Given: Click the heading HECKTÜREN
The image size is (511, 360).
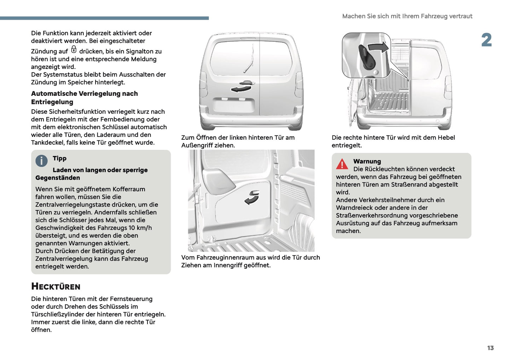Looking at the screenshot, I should [56, 286].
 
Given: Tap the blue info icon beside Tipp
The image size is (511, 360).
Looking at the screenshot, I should [41, 161].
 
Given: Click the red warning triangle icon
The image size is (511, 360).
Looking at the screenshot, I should [342, 164].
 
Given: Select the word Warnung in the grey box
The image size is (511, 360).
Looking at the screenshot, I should [367, 161].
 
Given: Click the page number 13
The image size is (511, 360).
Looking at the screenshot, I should [490, 348].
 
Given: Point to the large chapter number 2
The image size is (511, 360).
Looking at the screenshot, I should [486, 40].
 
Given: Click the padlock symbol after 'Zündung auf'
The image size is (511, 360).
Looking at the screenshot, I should [74, 50].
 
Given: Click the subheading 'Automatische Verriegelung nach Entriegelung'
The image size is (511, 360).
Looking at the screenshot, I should [84, 98].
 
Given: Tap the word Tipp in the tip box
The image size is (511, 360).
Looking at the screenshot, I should [59, 158].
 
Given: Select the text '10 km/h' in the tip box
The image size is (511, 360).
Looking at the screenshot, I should [140, 228].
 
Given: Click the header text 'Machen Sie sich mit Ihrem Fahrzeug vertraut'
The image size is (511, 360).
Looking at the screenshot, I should [407, 16].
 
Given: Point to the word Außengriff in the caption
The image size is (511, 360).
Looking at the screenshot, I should [197, 145].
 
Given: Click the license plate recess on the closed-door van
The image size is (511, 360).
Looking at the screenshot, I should [233, 106].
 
